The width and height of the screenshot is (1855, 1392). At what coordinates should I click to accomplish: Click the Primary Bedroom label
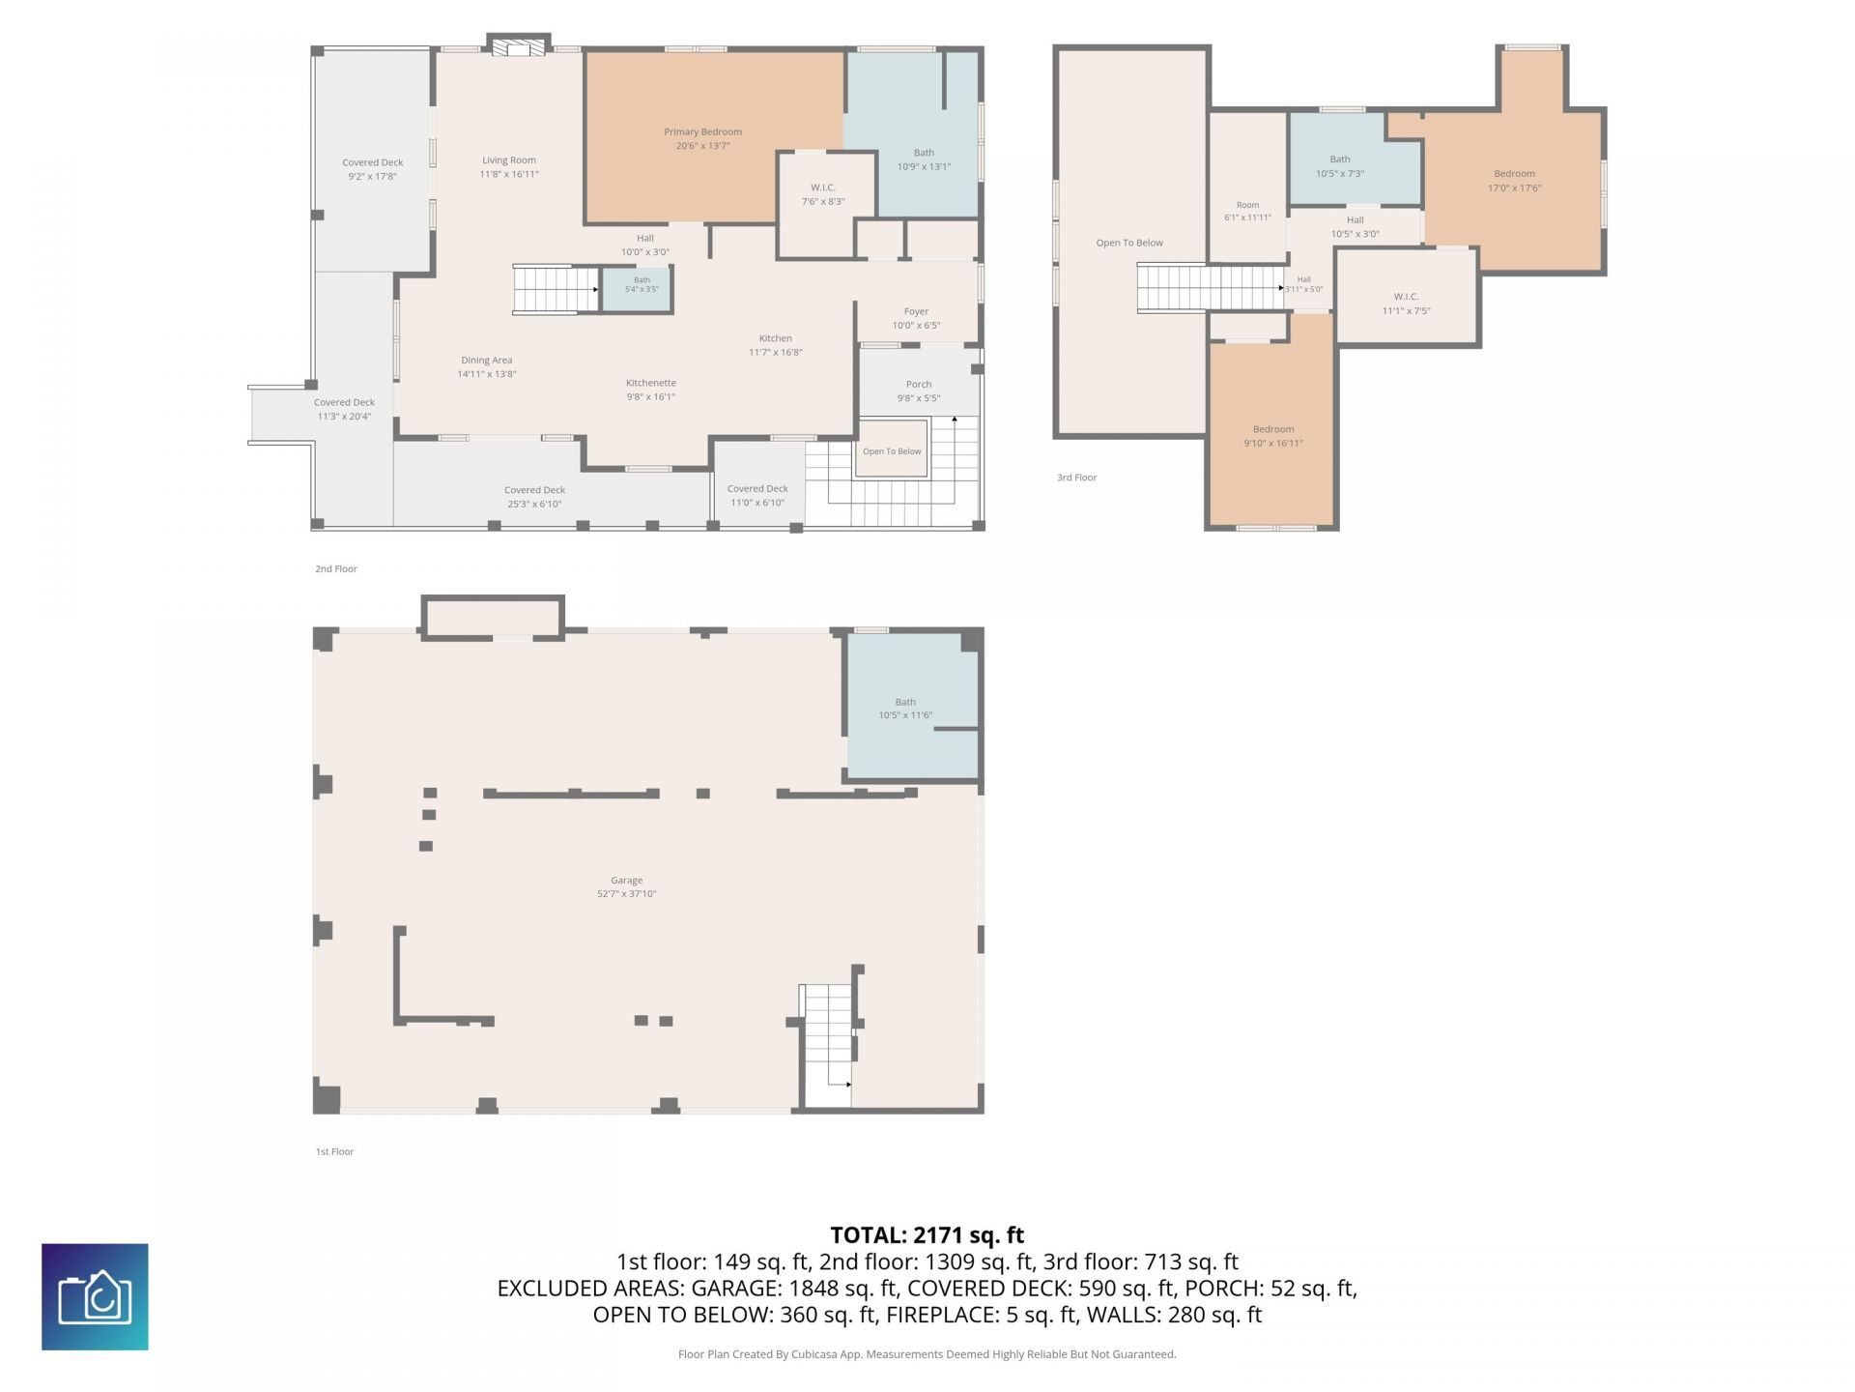(702, 131)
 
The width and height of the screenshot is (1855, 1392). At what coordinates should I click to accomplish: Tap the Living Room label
(509, 160)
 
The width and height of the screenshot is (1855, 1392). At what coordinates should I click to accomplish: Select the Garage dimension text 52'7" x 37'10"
(626, 894)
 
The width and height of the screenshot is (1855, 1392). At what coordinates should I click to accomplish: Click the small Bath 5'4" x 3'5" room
(637, 289)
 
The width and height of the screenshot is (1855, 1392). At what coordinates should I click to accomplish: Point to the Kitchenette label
(651, 383)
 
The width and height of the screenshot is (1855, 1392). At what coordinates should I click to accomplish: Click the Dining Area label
(487, 361)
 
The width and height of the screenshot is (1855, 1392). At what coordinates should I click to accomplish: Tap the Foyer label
(916, 311)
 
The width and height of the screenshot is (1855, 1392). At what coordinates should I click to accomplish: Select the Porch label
(919, 384)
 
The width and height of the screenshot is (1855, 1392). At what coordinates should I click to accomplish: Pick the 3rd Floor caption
(1077, 478)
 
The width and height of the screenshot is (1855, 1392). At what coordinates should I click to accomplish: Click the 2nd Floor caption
(336, 568)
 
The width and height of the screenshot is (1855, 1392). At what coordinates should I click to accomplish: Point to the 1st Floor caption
(334, 1151)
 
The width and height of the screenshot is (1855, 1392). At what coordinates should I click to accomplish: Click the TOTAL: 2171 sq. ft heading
(927, 1234)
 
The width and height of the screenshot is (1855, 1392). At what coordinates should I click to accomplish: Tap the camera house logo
(95, 1296)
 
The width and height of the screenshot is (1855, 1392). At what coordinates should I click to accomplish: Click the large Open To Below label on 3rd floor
(1129, 243)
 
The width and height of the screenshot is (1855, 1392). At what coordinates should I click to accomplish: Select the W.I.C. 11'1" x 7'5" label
(1406, 304)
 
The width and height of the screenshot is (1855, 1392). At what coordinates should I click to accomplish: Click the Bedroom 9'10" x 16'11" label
(1273, 436)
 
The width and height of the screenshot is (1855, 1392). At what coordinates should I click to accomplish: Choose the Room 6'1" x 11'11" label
(1247, 211)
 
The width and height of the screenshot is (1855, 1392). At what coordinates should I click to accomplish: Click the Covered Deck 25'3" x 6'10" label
(534, 497)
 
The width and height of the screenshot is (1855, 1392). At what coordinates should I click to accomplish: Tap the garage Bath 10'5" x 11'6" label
(905, 709)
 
